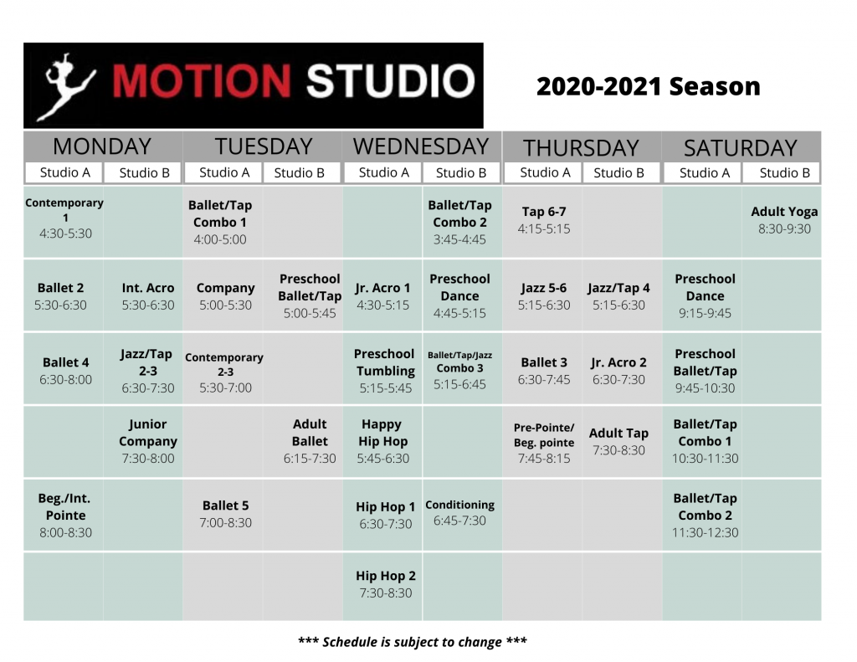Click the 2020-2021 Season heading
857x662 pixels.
(649, 86)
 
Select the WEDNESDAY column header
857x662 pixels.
(421, 146)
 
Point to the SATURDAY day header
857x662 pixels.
(741, 147)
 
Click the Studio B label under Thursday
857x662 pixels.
(618, 172)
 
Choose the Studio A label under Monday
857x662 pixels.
(65, 172)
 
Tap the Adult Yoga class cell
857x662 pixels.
(784, 220)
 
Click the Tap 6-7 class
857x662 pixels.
(544, 220)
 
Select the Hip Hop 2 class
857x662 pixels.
(385, 584)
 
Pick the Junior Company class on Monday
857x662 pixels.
(147, 441)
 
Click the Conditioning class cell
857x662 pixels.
(459, 512)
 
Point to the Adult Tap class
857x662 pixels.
(618, 441)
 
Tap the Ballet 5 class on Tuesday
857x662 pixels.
(225, 514)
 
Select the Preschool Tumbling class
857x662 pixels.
(385, 371)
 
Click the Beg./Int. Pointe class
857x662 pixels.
(65, 515)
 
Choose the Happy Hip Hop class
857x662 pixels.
(382, 441)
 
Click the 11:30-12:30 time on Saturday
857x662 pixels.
(705, 532)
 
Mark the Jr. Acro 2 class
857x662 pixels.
(618, 371)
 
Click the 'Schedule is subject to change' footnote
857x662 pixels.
(413, 642)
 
